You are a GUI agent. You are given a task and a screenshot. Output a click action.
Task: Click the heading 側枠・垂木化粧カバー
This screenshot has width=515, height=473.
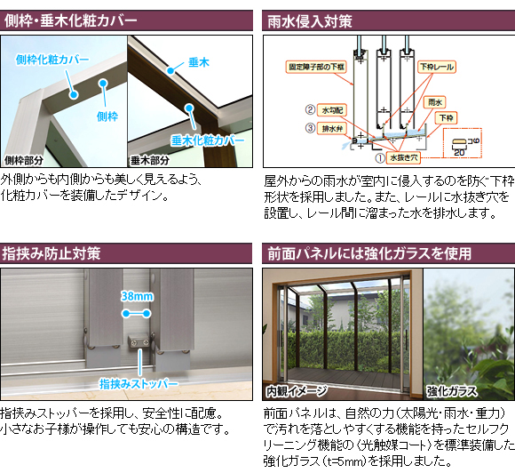coord(71,20)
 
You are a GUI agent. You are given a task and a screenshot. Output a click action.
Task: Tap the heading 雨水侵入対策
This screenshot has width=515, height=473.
coord(310,21)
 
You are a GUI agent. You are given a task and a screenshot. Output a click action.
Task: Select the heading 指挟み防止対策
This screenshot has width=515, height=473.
coord(51,253)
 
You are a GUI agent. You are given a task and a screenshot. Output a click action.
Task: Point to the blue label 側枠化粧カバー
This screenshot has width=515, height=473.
coord(52,60)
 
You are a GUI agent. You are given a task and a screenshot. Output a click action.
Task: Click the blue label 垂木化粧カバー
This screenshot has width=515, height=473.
coord(208,140)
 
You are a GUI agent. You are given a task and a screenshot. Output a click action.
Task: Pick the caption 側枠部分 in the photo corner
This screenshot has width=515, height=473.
coord(24,161)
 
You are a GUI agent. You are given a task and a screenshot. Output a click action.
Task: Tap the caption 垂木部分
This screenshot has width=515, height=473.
coord(150,161)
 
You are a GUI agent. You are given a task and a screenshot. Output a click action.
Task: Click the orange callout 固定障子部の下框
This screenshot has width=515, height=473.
coord(316,67)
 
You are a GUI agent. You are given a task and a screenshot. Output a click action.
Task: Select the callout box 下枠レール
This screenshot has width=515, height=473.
coord(437,67)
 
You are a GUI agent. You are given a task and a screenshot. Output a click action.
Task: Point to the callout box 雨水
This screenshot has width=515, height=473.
coord(435,102)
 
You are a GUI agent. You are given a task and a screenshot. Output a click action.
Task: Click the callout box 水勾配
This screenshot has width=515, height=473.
coord(332,110)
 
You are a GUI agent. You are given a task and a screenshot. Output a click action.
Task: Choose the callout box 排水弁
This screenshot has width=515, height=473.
coord(332,128)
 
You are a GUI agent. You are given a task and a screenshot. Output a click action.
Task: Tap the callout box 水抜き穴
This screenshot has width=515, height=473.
coord(403,158)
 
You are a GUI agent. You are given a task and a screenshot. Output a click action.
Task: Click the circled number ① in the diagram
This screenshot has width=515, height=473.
coord(380,158)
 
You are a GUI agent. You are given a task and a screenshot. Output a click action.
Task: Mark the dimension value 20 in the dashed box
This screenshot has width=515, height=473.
coord(459,152)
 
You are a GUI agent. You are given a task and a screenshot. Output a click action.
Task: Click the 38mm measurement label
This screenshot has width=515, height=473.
coord(137,296)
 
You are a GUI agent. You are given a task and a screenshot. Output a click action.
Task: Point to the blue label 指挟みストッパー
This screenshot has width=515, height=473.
coord(139,383)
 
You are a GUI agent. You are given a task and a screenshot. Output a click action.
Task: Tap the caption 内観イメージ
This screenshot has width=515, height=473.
coord(297,391)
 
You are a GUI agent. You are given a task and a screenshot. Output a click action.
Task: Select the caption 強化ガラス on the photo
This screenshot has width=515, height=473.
coord(452,391)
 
